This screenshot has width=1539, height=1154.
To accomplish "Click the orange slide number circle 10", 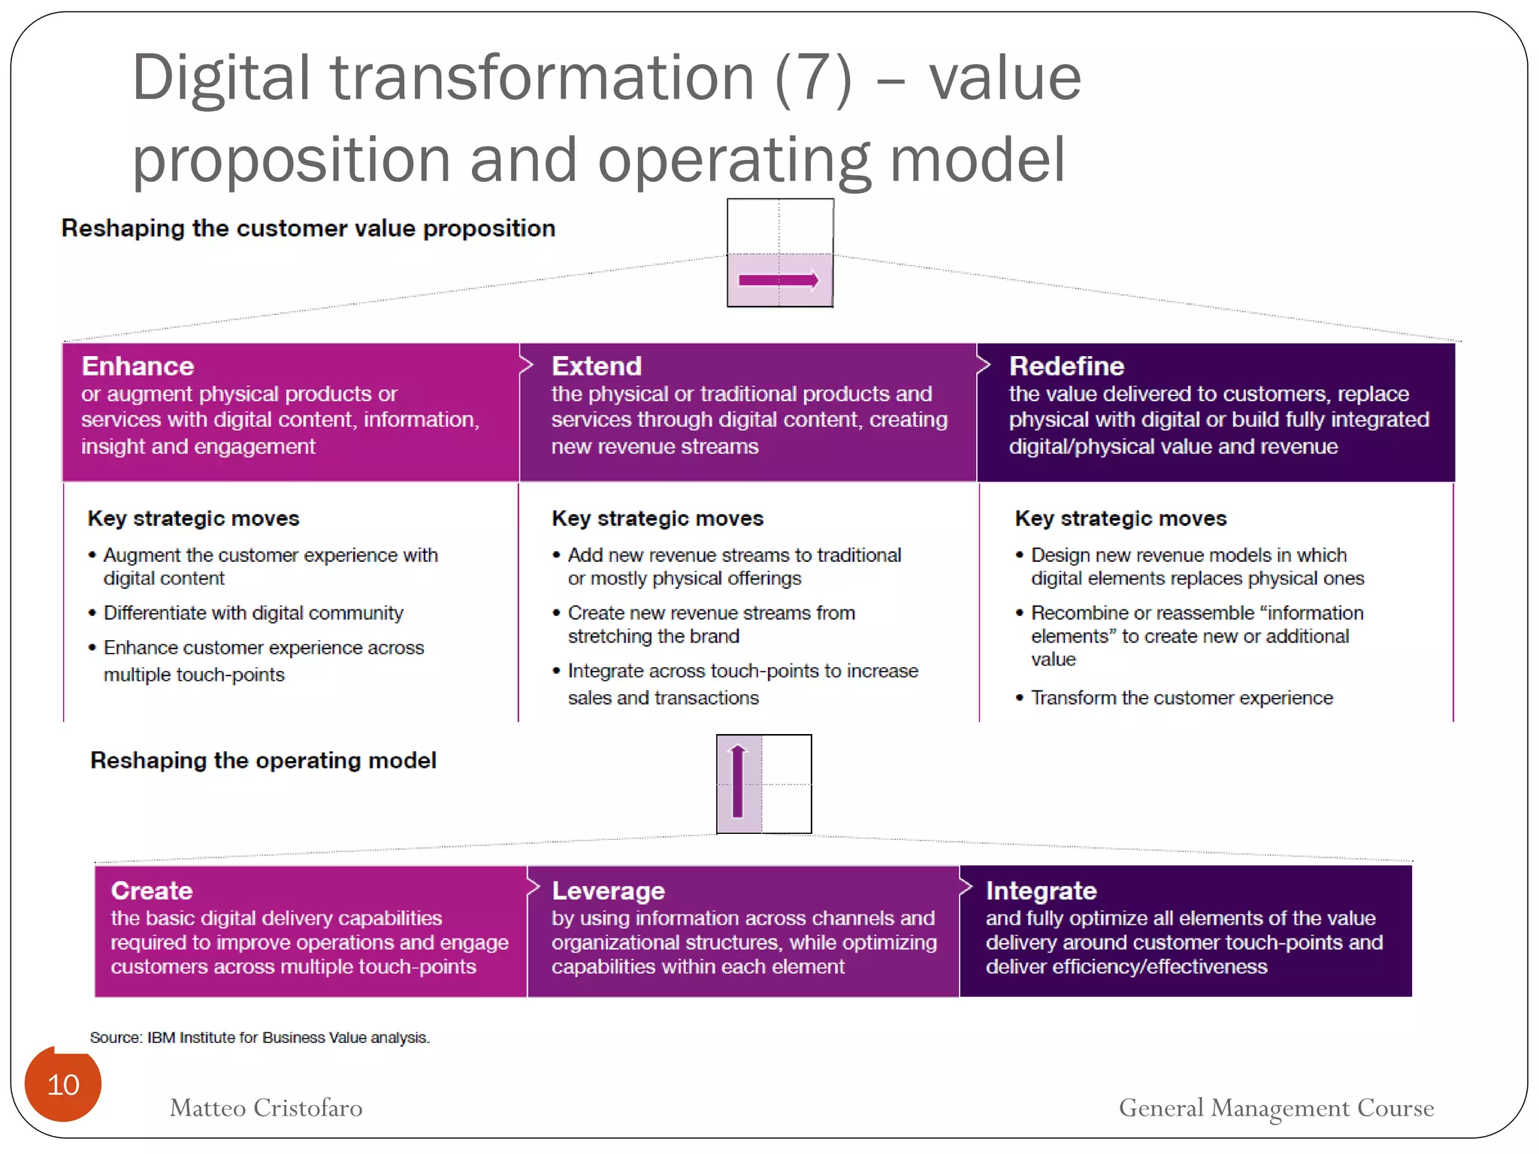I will [63, 1084].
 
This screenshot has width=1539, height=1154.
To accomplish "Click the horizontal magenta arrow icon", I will [779, 280].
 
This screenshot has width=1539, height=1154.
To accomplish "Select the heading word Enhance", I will [138, 366].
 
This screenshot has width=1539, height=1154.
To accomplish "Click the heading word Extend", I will [597, 366].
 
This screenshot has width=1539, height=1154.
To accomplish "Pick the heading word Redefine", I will [1066, 366].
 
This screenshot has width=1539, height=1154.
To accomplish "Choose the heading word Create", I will [152, 890].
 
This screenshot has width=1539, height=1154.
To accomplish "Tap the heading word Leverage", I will [608, 890].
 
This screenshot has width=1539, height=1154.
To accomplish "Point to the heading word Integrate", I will [1041, 890].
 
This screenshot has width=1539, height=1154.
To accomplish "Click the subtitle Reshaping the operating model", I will [263, 760].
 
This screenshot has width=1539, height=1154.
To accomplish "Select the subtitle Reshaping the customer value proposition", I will [308, 228].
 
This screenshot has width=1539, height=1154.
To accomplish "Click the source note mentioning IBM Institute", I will [259, 1038].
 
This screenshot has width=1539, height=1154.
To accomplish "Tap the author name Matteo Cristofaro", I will [266, 1107].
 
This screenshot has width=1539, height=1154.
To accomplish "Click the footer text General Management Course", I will [1276, 1107].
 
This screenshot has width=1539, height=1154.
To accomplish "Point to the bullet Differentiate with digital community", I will [253, 613].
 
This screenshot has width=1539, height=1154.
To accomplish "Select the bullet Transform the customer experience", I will [1181, 698].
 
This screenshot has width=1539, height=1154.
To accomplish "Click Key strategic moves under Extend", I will [658, 518].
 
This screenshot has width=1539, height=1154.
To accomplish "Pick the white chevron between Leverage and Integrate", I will [966, 887].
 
